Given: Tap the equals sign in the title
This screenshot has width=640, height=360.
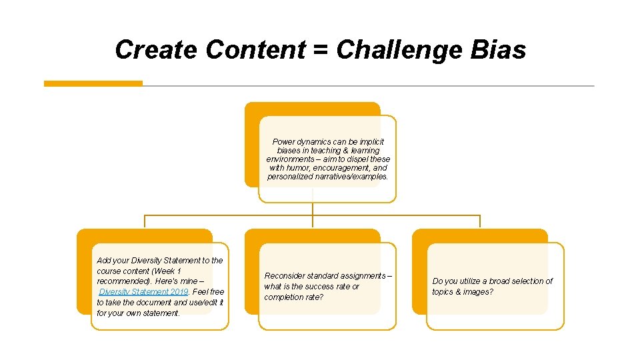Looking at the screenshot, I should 321,50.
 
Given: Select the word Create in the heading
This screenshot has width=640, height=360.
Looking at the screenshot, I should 157,50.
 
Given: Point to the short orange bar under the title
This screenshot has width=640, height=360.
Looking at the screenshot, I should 93,83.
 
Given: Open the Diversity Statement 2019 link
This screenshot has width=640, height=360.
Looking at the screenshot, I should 143,292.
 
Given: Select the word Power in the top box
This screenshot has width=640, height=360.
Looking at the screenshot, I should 284,142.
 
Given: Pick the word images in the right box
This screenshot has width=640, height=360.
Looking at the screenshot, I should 481,292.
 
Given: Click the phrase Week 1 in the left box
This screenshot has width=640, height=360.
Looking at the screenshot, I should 167,271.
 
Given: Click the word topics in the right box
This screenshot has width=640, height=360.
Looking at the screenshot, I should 445,292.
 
